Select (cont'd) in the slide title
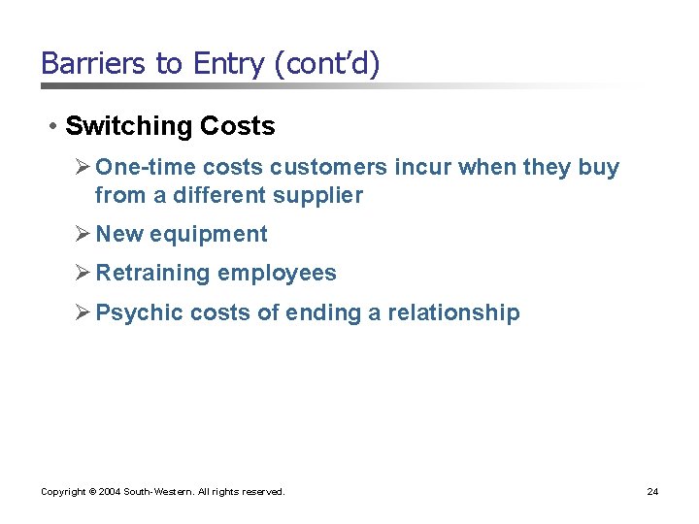tap(328, 64)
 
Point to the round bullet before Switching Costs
tap(53, 126)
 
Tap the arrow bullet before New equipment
tap(83, 234)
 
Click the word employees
tap(277, 273)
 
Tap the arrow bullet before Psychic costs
tap(83, 311)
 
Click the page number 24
tap(652, 492)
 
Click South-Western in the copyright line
tap(157, 492)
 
